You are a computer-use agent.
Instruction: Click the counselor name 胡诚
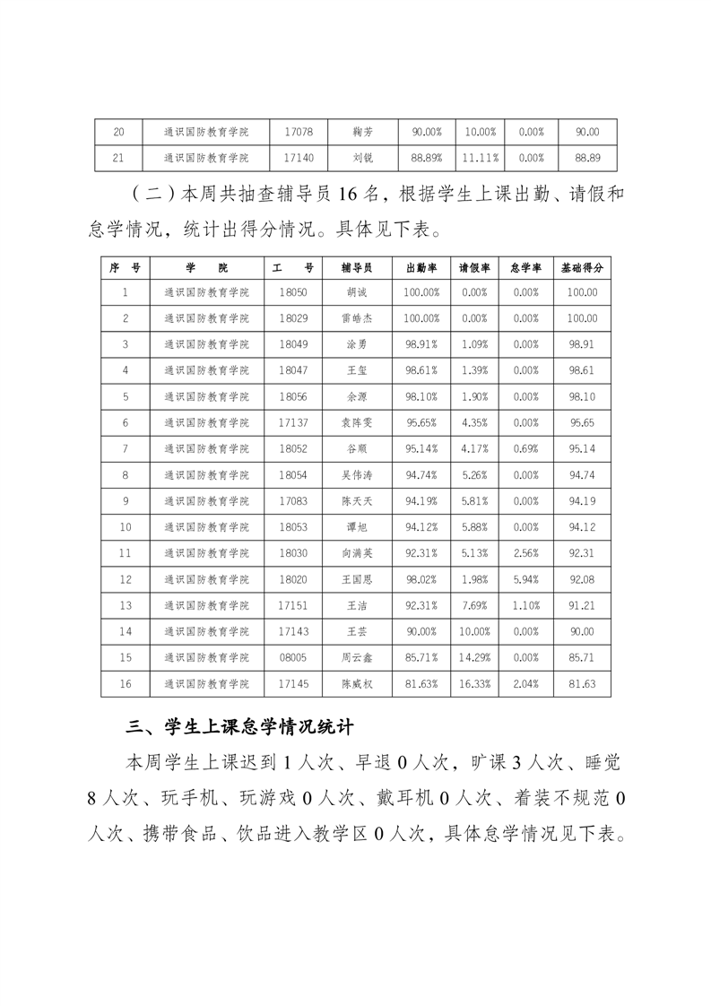coord(357,292)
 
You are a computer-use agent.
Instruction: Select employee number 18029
coord(293,318)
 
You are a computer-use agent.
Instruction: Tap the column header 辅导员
coord(357,267)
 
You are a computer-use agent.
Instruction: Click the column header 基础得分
coord(582,267)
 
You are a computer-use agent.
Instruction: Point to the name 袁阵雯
coord(357,422)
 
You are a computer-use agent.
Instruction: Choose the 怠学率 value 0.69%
coord(527,448)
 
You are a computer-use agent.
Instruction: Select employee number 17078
coord(298,132)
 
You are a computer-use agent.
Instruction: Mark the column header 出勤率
coord(421,267)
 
